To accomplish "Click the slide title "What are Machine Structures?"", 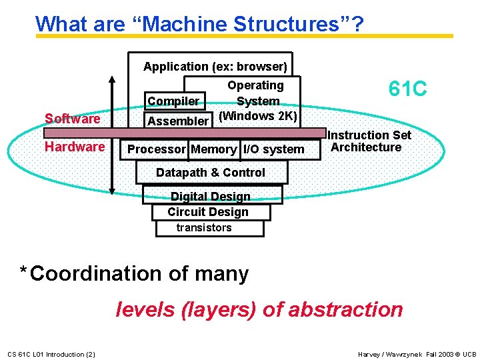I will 199,24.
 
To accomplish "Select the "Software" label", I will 72,119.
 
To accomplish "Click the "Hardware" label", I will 75,147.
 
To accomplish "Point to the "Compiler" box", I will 173,101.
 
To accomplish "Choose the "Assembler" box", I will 177,121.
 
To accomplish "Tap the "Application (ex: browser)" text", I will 215,67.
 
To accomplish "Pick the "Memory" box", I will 213,149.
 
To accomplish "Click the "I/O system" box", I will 273,149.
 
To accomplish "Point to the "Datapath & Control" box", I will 211,173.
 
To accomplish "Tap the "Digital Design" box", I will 211,196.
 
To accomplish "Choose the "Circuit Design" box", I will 208,212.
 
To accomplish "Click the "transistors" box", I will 204,228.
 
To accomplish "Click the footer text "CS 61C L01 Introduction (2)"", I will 51,354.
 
